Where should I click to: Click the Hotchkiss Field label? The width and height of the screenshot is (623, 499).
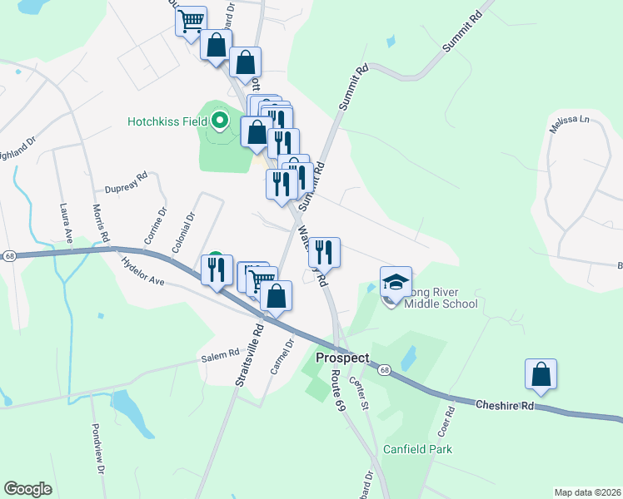[167, 121]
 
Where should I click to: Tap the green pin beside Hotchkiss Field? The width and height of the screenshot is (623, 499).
[220, 122]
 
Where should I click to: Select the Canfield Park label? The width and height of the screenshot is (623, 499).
[417, 449]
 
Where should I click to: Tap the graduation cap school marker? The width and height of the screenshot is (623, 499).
[396, 281]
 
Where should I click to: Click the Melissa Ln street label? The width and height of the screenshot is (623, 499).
[569, 121]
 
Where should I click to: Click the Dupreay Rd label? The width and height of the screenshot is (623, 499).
[126, 176]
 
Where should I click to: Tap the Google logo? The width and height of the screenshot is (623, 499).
[28, 489]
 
